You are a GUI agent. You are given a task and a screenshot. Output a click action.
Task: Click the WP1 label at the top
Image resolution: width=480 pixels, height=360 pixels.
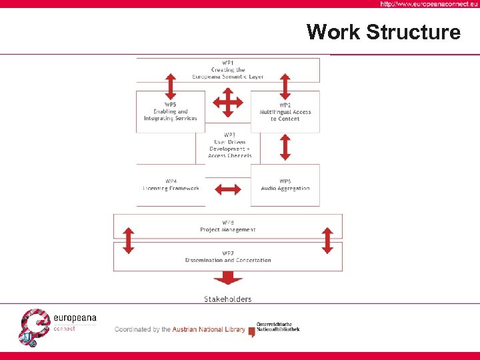(x=228, y=63)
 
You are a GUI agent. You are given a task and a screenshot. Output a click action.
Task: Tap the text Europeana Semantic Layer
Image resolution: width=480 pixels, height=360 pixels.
(x=228, y=77)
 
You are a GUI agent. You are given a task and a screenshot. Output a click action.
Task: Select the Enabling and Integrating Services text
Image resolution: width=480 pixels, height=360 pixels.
(x=171, y=115)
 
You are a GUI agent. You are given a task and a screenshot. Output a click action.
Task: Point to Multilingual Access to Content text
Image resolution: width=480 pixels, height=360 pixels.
(x=285, y=115)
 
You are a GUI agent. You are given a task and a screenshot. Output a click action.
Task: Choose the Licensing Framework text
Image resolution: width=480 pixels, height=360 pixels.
(x=171, y=188)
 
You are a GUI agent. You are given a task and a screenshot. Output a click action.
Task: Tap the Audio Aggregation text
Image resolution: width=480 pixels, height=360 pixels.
(x=285, y=188)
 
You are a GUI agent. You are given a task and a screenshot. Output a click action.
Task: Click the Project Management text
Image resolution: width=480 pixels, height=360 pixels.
(x=228, y=229)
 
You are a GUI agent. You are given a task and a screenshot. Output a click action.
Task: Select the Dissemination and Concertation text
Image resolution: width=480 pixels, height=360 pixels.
(x=228, y=260)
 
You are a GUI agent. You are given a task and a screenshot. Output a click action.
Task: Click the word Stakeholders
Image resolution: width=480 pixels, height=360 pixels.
(x=228, y=299)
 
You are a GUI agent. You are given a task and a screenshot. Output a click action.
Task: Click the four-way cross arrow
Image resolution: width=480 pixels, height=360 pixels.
(x=228, y=103)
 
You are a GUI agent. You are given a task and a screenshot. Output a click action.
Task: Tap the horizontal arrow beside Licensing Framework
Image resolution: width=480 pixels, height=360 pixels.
(x=228, y=189)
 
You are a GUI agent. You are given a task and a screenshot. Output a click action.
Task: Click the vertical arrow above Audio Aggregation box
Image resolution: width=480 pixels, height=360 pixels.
(x=285, y=147)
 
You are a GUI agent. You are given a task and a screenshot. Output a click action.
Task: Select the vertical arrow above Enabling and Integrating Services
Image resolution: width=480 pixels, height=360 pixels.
(x=171, y=86)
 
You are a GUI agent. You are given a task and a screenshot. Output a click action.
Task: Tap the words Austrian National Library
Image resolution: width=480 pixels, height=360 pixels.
(x=209, y=329)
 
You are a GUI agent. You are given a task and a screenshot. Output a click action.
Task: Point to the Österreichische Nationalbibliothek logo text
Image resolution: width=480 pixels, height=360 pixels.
(x=279, y=327)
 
